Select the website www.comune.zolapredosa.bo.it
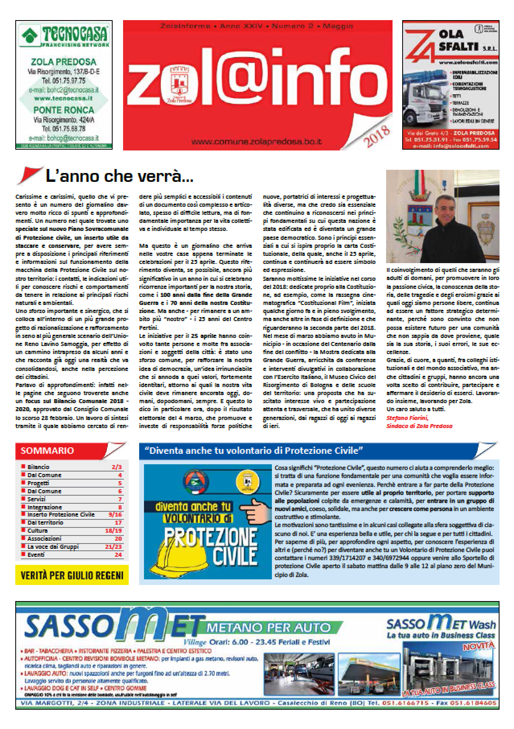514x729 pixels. tap(257, 142)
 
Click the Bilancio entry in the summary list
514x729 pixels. tap(39, 467)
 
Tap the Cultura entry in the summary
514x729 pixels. tap(37, 531)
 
